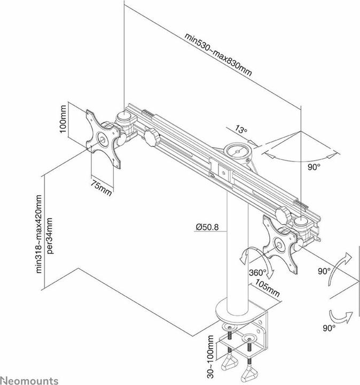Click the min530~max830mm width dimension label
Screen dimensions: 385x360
pos(218,55)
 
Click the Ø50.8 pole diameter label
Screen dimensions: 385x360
pos(207,227)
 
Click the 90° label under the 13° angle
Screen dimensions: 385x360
pos(314,167)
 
